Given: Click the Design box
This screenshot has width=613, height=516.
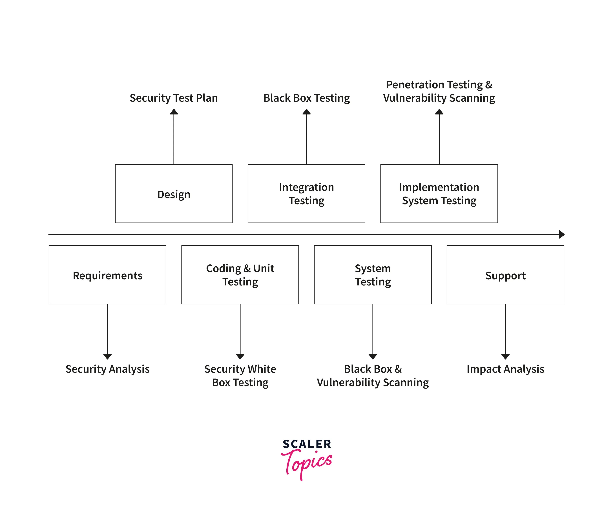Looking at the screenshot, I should (174, 194).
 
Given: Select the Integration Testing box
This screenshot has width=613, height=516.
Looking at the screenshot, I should (306, 194).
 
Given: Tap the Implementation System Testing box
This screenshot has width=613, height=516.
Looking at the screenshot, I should (439, 194).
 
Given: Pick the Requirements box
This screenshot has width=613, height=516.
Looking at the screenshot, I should (107, 275).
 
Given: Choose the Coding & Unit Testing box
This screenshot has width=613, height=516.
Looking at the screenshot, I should (240, 275).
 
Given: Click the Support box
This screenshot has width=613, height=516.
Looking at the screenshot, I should (505, 275).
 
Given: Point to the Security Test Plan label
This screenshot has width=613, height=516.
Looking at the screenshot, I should (174, 98).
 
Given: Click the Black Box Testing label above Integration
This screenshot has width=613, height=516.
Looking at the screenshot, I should (306, 98).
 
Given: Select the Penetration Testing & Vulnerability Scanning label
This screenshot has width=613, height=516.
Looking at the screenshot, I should (439, 91).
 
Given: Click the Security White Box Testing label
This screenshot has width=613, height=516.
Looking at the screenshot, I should (240, 376).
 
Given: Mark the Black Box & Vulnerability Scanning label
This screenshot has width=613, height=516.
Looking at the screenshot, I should (373, 376).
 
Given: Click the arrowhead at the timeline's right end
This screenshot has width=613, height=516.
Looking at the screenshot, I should (561, 234).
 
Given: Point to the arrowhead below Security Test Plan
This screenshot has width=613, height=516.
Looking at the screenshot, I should (174, 112).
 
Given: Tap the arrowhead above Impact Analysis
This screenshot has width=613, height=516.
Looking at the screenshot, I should (505, 356).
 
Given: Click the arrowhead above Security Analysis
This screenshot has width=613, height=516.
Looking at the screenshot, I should (107, 356).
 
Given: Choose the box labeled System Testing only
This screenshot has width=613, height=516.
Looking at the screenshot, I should (373, 275).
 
